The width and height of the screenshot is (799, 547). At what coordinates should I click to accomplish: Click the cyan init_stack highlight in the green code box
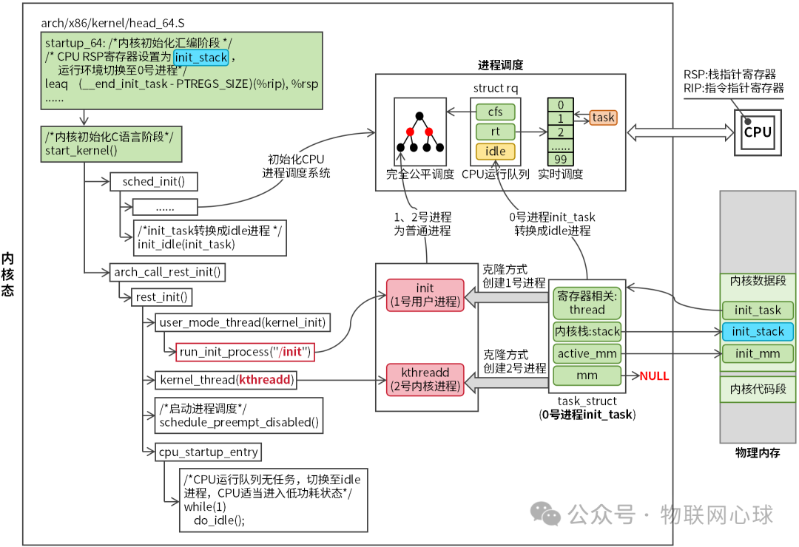(x=200, y=57)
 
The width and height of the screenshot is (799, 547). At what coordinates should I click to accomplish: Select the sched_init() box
(x=154, y=182)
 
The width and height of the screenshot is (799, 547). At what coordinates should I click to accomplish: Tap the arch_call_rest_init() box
(x=167, y=272)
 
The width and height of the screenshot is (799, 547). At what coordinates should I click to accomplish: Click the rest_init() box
(x=161, y=298)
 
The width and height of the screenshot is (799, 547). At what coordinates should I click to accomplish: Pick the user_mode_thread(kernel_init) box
(x=242, y=323)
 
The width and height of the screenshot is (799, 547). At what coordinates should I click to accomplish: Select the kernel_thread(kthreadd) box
(x=226, y=381)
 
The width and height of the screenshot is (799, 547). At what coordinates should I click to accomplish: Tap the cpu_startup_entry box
(x=207, y=452)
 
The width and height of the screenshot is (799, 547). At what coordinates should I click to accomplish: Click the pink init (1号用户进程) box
(x=425, y=294)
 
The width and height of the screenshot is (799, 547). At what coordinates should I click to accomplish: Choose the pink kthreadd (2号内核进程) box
(x=425, y=378)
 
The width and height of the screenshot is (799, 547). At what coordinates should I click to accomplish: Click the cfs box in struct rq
(x=495, y=112)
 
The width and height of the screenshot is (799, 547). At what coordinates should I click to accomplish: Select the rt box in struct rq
(x=495, y=132)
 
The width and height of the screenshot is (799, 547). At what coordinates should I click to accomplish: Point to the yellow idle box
(x=495, y=152)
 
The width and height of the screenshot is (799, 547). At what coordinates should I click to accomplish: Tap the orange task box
(x=603, y=117)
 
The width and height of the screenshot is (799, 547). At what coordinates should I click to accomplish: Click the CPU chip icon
(x=757, y=132)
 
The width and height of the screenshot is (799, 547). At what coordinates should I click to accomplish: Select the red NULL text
(x=654, y=376)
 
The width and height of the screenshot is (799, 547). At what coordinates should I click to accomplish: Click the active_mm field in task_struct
(x=587, y=354)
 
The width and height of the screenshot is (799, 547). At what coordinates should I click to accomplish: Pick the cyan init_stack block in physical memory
(x=758, y=332)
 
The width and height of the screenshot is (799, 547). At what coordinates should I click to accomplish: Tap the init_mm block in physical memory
(x=758, y=354)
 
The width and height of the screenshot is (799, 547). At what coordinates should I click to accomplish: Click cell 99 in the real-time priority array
(x=561, y=160)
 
